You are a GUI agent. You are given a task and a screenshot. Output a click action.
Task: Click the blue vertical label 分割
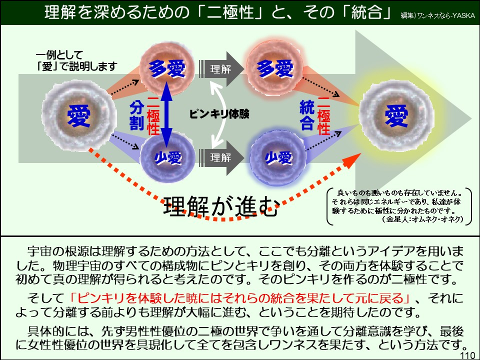pos(136,115)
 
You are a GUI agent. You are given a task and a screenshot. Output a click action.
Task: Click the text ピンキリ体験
pos(219,114)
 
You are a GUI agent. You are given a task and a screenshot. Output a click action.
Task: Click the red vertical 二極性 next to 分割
pos(152,116)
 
